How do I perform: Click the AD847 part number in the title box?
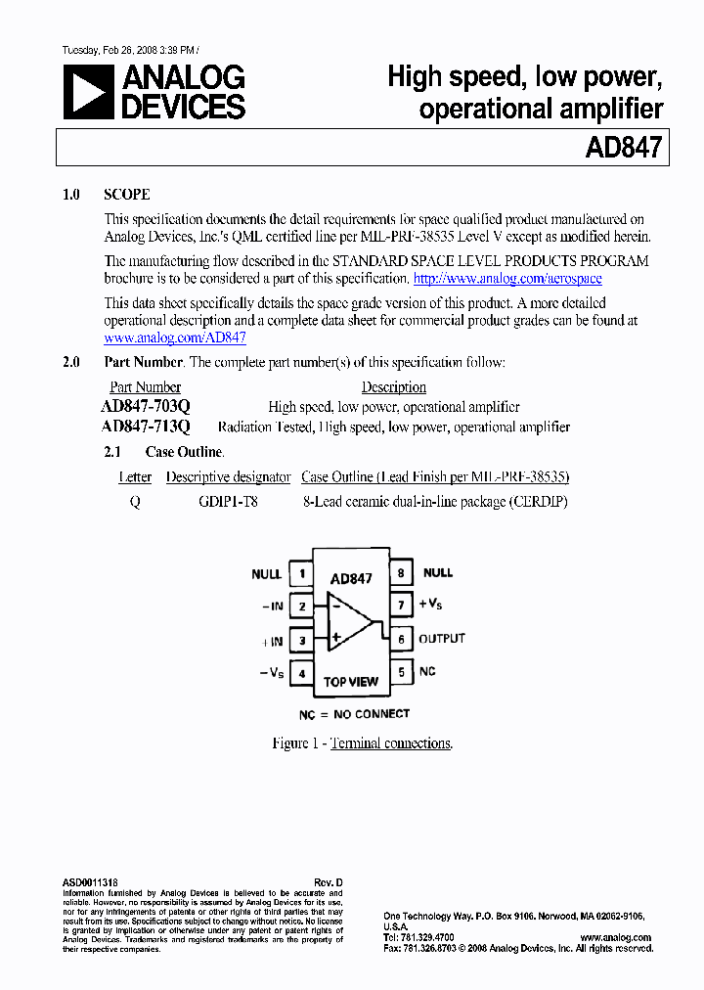[624, 148]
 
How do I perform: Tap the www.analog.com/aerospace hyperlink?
[507, 279]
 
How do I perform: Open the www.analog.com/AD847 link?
[175, 337]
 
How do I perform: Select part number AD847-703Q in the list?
[146, 407]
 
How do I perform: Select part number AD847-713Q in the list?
[146, 427]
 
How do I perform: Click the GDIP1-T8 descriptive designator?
[228, 501]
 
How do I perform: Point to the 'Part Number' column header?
[145, 387]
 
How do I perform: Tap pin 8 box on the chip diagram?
[400, 573]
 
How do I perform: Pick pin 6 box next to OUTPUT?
[400, 639]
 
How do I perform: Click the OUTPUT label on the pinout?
[442, 639]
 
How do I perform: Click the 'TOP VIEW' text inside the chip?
[351, 682]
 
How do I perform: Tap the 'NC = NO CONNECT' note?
[354, 714]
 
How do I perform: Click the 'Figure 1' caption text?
[362, 743]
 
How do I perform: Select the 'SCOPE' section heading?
[127, 195]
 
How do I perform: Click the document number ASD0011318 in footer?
[90, 882]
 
